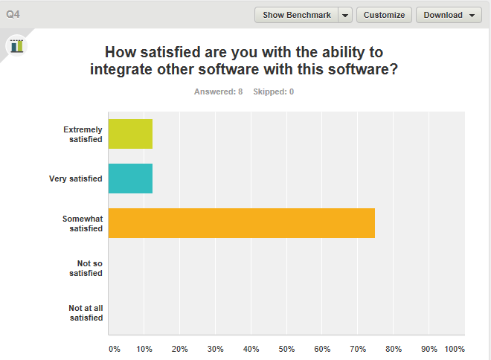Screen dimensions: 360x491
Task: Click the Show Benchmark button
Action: (x=296, y=15)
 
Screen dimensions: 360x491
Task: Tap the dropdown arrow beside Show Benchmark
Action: (x=345, y=15)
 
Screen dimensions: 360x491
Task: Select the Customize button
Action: (x=384, y=15)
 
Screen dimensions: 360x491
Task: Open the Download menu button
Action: (x=449, y=15)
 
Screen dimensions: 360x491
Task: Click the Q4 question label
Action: (x=13, y=15)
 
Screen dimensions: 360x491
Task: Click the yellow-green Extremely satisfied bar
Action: (x=130, y=134)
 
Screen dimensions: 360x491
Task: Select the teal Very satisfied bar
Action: (x=130, y=179)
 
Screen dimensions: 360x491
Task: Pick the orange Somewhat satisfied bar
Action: (x=241, y=223)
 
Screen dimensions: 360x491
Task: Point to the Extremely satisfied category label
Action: (x=83, y=134)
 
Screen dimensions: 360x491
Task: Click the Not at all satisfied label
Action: (x=86, y=312)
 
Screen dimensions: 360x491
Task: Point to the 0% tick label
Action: (x=114, y=348)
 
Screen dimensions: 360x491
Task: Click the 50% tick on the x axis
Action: (x=286, y=348)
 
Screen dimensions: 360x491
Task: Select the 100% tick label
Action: (x=454, y=348)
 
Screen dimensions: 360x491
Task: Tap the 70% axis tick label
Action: (x=358, y=348)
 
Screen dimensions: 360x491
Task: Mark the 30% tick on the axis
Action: (x=215, y=348)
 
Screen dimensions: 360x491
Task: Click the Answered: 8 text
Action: (x=218, y=91)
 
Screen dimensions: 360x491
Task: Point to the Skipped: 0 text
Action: (x=273, y=91)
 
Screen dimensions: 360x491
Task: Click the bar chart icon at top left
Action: (x=16, y=45)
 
